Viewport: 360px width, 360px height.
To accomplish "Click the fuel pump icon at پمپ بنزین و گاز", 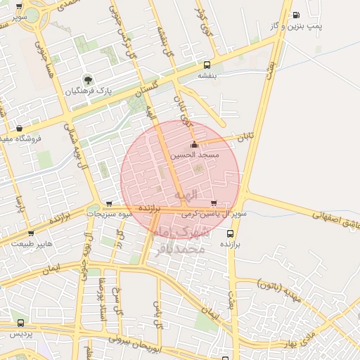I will [296, 15].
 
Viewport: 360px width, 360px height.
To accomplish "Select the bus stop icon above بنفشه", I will [206, 65].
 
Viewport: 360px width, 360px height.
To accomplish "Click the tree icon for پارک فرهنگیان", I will [87, 79].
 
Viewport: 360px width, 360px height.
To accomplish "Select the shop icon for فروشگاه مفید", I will [19, 128].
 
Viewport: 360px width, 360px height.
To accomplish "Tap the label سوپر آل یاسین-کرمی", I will [212, 213].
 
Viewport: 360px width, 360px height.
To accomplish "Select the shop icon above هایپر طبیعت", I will [30, 233].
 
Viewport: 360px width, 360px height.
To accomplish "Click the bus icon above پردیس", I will [20, 323].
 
